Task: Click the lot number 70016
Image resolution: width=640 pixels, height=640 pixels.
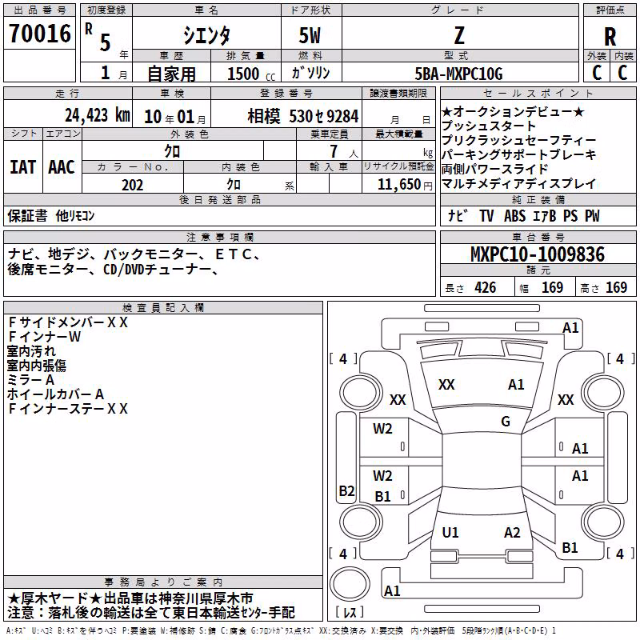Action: [39, 34]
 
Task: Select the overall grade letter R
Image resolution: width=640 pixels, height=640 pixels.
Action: [610, 37]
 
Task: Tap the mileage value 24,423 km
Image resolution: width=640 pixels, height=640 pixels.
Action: [98, 115]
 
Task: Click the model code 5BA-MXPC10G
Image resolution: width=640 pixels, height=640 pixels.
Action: [458, 74]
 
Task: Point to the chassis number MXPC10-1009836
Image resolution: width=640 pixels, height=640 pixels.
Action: [538, 254]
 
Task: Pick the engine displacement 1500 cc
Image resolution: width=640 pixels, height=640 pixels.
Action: [251, 74]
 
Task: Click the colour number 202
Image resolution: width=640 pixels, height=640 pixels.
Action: [132, 185]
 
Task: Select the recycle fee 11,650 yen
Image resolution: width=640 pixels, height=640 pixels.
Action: [405, 185]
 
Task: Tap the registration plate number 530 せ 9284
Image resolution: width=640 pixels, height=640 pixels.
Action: [324, 116]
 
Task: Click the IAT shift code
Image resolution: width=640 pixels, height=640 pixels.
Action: [23, 167]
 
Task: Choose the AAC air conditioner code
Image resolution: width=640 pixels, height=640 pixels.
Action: [62, 167]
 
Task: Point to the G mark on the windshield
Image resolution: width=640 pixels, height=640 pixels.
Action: [506, 422]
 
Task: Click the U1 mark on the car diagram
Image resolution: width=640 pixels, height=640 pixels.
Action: [450, 532]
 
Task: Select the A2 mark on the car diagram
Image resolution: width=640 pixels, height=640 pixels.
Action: [512, 532]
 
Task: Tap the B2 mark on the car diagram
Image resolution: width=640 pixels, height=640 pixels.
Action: [346, 490]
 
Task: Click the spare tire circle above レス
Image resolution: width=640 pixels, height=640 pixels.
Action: [350, 583]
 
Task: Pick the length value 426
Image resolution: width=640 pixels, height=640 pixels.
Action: [486, 288]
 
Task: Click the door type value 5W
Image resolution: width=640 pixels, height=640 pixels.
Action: [310, 35]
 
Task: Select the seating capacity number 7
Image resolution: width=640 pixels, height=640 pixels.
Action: [334, 151]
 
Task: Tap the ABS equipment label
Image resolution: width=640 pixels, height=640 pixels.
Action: [514, 216]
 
